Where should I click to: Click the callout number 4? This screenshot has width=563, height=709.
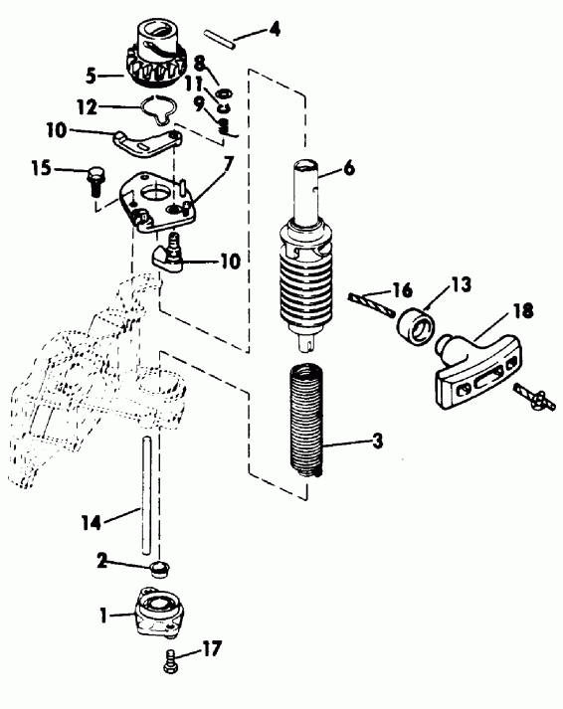276,31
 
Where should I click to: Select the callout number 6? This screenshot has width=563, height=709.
349,170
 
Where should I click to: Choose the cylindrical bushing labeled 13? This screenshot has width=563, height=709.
414,324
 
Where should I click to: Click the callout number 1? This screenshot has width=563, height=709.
104,616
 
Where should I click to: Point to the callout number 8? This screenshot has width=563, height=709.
200,62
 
